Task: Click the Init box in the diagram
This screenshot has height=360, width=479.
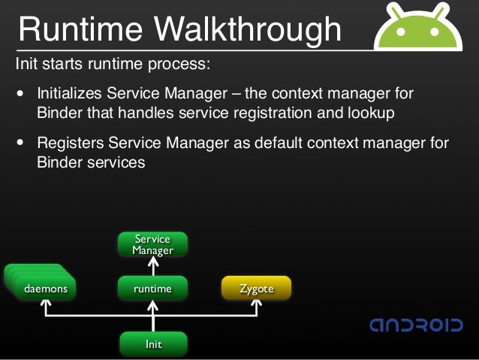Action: coord(153,344)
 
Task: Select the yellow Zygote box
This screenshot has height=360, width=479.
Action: coord(256,289)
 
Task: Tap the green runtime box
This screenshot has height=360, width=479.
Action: coord(153,289)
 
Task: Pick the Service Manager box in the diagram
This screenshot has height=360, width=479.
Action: coord(153,245)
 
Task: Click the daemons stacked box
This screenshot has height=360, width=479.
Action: coord(46,288)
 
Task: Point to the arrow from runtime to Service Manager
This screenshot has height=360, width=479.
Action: coord(153,266)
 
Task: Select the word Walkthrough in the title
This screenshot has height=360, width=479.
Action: coord(248,29)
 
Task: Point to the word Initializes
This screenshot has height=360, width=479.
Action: coord(72,95)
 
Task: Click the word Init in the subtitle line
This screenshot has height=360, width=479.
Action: coord(27,63)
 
